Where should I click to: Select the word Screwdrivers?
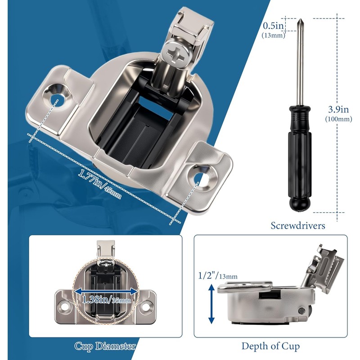[x=298, y=225]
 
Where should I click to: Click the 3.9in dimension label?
[x=338, y=109]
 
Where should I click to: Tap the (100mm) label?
[x=338, y=119]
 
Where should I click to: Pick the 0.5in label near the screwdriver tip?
[x=273, y=26]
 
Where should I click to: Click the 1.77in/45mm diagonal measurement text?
[x=99, y=184]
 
